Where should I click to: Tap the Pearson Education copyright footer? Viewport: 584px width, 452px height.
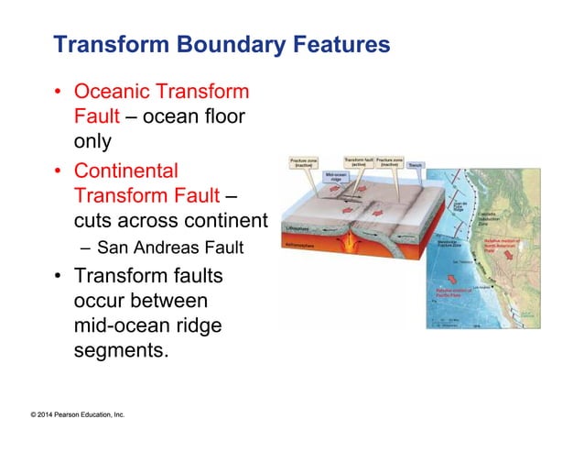click(77, 415)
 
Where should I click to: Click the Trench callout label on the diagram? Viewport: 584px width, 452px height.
click(415, 165)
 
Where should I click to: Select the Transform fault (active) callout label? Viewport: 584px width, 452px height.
click(357, 161)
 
